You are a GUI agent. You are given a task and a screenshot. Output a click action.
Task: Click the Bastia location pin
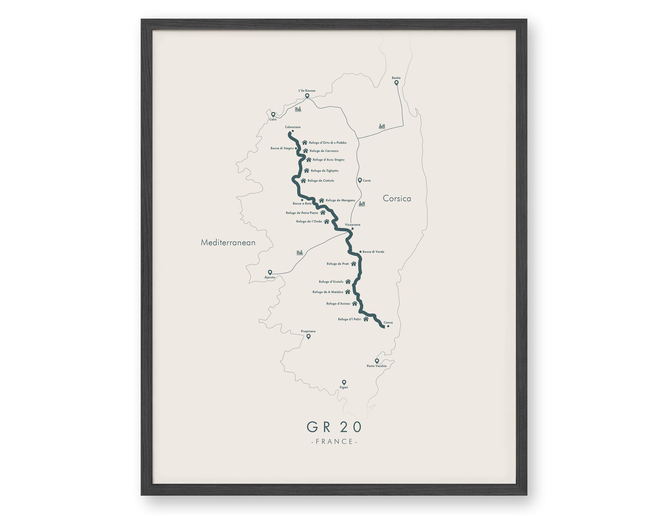point(396,82)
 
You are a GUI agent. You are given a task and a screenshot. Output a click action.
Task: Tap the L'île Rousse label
point(307,90)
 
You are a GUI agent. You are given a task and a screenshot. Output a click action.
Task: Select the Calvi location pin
point(273,114)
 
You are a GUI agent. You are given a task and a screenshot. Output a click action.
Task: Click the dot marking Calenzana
point(293,131)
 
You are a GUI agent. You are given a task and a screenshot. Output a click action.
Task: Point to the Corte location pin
point(360,180)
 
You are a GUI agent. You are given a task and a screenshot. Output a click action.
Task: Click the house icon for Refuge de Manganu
point(321,200)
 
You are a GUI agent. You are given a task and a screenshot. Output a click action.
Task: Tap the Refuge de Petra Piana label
point(302,213)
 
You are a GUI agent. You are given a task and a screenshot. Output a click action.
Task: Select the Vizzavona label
point(353,225)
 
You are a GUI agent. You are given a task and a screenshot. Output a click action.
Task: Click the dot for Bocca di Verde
point(360,252)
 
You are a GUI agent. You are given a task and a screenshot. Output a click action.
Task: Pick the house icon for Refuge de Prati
point(354,264)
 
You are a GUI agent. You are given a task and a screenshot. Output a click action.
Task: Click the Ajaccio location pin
point(270,272)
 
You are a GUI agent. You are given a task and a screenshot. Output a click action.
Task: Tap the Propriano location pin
point(308,336)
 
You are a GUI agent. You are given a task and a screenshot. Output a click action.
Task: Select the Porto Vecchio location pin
point(377,361)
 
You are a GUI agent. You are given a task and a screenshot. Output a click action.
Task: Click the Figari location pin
point(344,382)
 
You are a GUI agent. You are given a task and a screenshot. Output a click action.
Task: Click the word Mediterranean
point(228,243)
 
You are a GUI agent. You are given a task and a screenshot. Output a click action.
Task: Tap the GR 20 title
point(334,427)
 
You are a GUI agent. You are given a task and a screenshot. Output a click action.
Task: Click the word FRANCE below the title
point(334,441)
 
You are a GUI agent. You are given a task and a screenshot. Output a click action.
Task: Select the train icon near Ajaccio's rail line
point(300,252)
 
